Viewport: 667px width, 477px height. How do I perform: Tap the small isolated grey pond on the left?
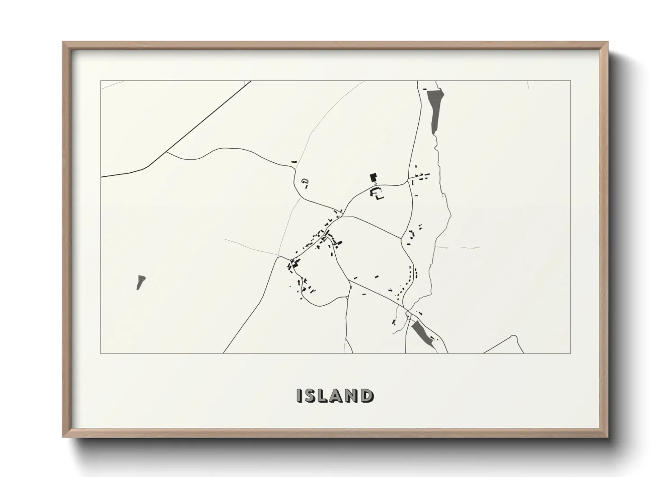pyautogui.click(x=140, y=282)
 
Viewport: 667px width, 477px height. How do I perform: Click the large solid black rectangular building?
pyautogui.click(x=373, y=177)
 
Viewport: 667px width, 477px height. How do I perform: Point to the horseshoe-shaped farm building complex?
pyautogui.click(x=376, y=194)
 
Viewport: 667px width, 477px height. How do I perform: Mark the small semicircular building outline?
pyautogui.click(x=305, y=182)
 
